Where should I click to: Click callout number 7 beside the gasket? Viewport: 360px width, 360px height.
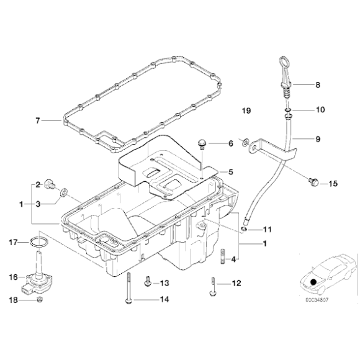(38, 120)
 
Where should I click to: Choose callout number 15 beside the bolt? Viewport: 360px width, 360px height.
(332, 184)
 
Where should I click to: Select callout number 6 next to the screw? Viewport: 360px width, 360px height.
(230, 143)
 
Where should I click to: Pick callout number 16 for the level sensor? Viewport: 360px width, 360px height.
(14, 277)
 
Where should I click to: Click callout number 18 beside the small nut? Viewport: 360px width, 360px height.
(14, 301)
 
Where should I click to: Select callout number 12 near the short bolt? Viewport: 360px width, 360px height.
(236, 284)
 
